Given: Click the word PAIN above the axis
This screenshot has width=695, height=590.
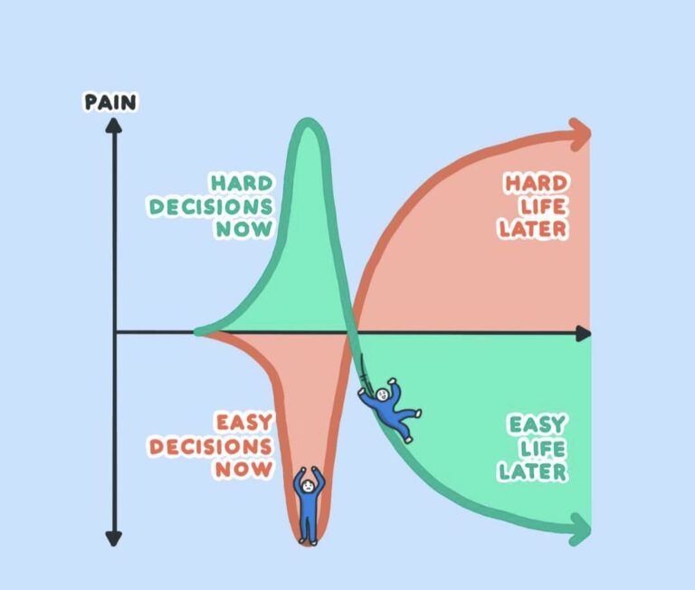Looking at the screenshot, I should [110, 101].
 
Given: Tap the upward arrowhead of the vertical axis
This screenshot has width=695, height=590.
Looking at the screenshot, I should [113, 128].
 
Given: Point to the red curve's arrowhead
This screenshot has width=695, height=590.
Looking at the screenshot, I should [579, 134].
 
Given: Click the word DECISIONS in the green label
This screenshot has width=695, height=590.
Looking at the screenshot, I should [211, 206].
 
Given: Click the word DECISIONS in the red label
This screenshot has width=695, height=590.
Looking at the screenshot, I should [211, 446].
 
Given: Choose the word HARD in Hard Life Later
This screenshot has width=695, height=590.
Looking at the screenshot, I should [536, 184].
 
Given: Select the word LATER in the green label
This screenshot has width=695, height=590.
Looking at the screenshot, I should [534, 471].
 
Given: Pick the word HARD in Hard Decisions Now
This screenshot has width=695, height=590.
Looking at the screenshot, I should [241, 183].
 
